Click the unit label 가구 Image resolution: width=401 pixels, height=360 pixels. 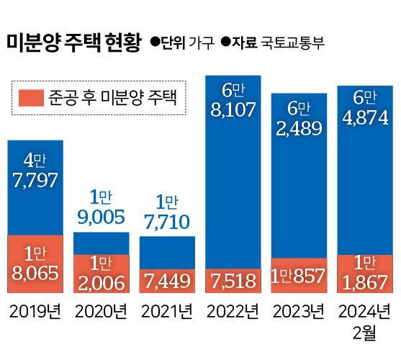pos(201,42)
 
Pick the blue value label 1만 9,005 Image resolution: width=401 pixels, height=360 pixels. pos(101,207)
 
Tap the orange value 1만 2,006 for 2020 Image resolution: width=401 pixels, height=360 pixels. pos(101,273)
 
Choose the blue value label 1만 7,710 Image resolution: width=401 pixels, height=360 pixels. pos(167,212)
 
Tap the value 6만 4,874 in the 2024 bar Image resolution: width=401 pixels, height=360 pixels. pos(364,107)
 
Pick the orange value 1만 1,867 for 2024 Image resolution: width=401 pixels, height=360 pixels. pos(364,273)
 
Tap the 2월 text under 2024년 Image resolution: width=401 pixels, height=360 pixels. pos(364,335)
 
